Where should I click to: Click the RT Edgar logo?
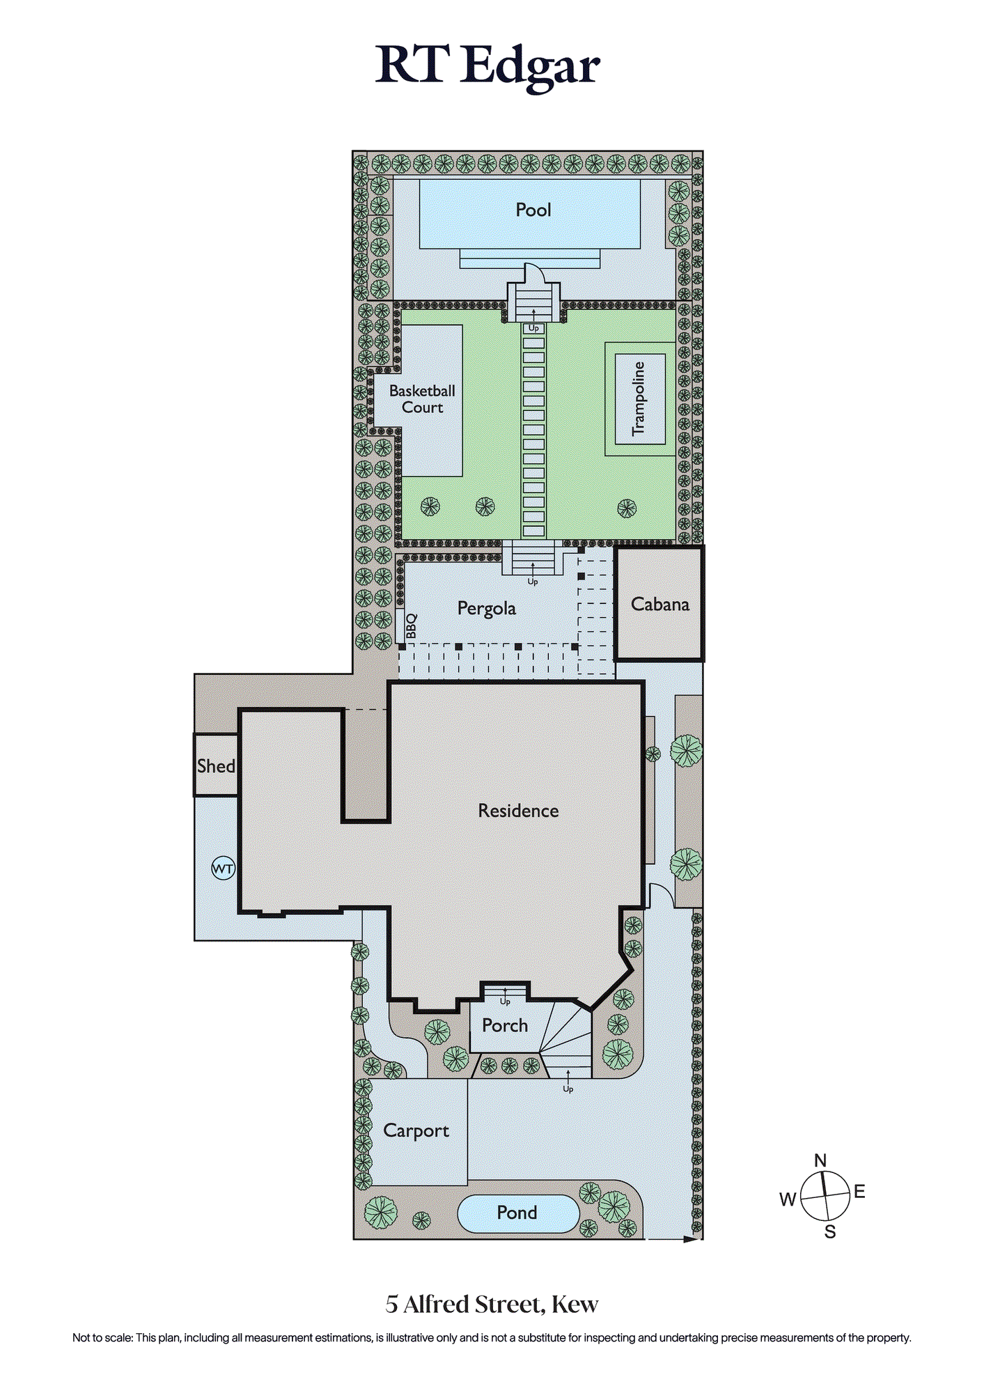(487, 66)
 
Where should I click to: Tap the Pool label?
(533, 210)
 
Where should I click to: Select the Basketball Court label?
(422, 399)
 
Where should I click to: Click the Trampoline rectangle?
(640, 399)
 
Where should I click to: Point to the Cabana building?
(659, 603)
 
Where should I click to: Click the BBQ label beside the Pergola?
(411, 626)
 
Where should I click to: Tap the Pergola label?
(487, 609)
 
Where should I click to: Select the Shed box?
(216, 765)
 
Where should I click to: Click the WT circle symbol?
(224, 869)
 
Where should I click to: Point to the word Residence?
(518, 811)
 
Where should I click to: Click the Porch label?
(505, 1025)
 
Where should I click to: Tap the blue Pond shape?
(518, 1213)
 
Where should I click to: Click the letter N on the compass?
(820, 1160)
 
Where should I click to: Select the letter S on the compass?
(830, 1232)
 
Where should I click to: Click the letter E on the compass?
(859, 1192)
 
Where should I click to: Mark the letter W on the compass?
(788, 1199)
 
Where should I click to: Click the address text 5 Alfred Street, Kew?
(492, 1305)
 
